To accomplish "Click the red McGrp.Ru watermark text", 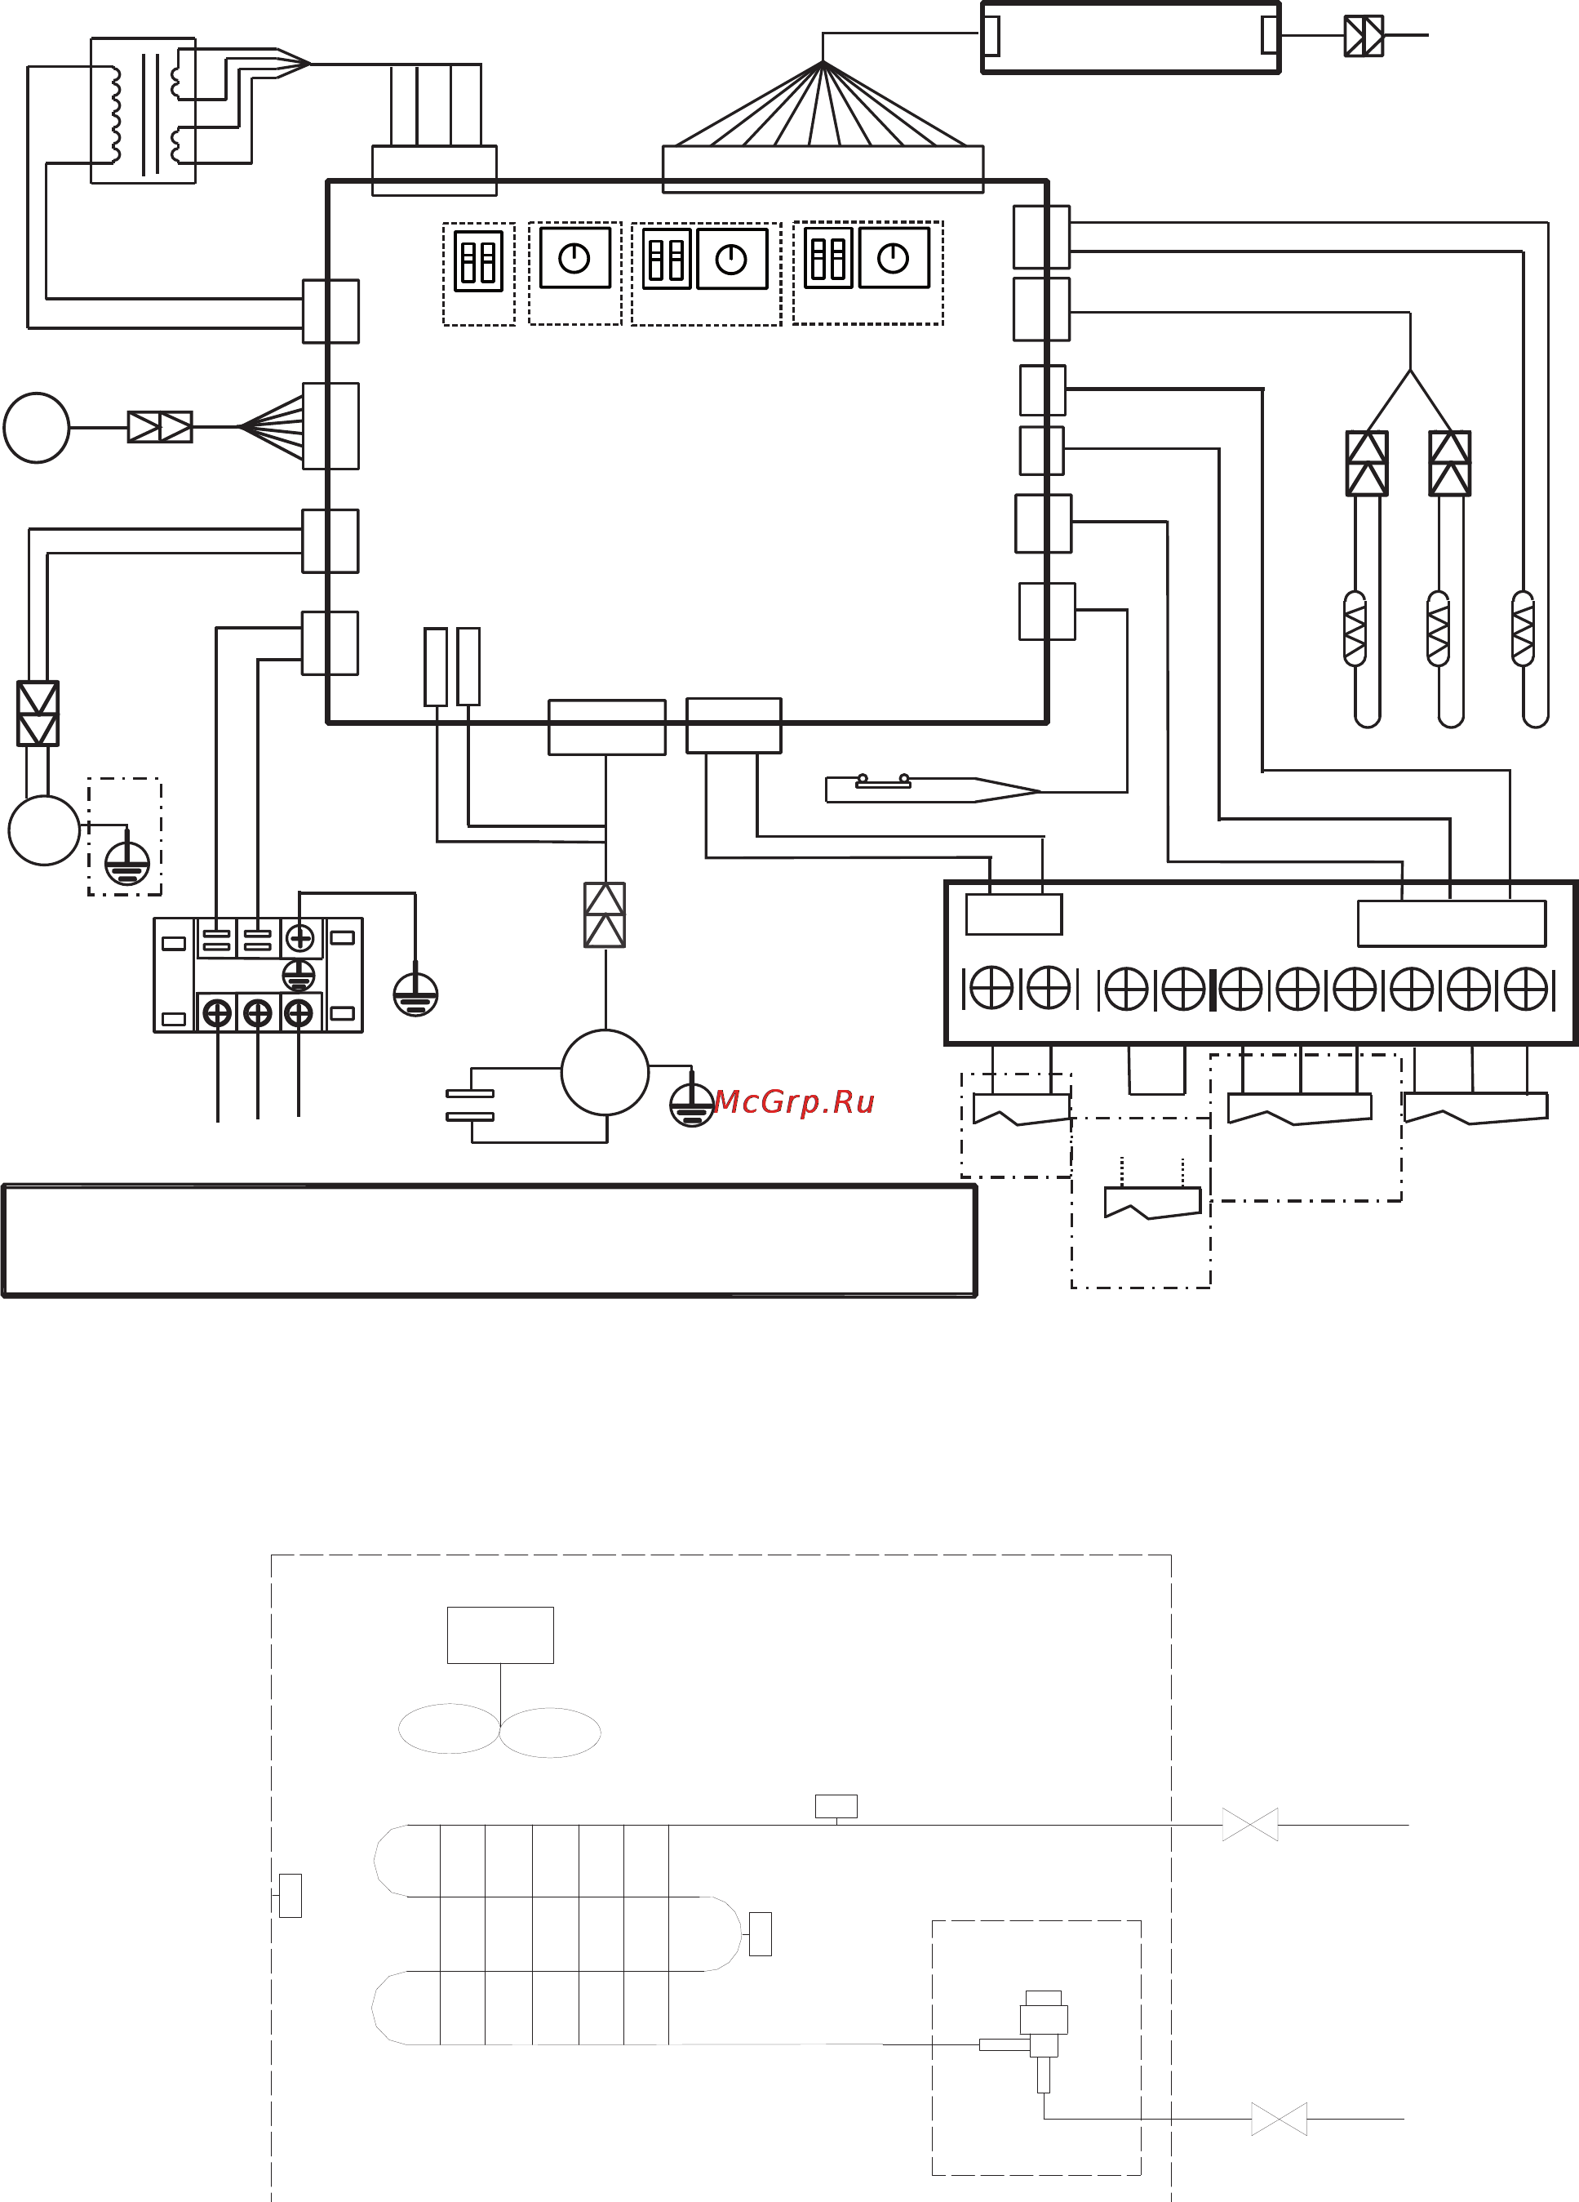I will (x=795, y=1102).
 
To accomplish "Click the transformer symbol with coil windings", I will (x=144, y=112).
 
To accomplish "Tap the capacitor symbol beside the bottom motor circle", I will (x=470, y=1105).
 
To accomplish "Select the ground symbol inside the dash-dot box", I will (x=127, y=863).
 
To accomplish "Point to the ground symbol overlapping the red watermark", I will (x=691, y=1105).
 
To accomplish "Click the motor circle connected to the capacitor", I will (x=605, y=1073).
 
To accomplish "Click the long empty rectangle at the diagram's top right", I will (x=1131, y=37).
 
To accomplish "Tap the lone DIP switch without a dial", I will (x=478, y=260).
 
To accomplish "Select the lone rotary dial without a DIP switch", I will (x=574, y=258).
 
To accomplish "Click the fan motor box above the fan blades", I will (x=499, y=1635).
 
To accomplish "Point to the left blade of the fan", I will (x=448, y=1729).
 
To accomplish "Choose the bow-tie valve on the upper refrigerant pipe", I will (x=1250, y=1824).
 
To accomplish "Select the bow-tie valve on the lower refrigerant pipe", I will (x=1280, y=2119).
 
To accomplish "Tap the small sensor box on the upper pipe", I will (x=836, y=1806).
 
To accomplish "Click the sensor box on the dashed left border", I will (x=291, y=1895).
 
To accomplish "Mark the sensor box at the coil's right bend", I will (x=761, y=1934).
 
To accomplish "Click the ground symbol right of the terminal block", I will (x=415, y=995).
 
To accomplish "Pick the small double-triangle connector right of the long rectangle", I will (x=1364, y=37).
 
